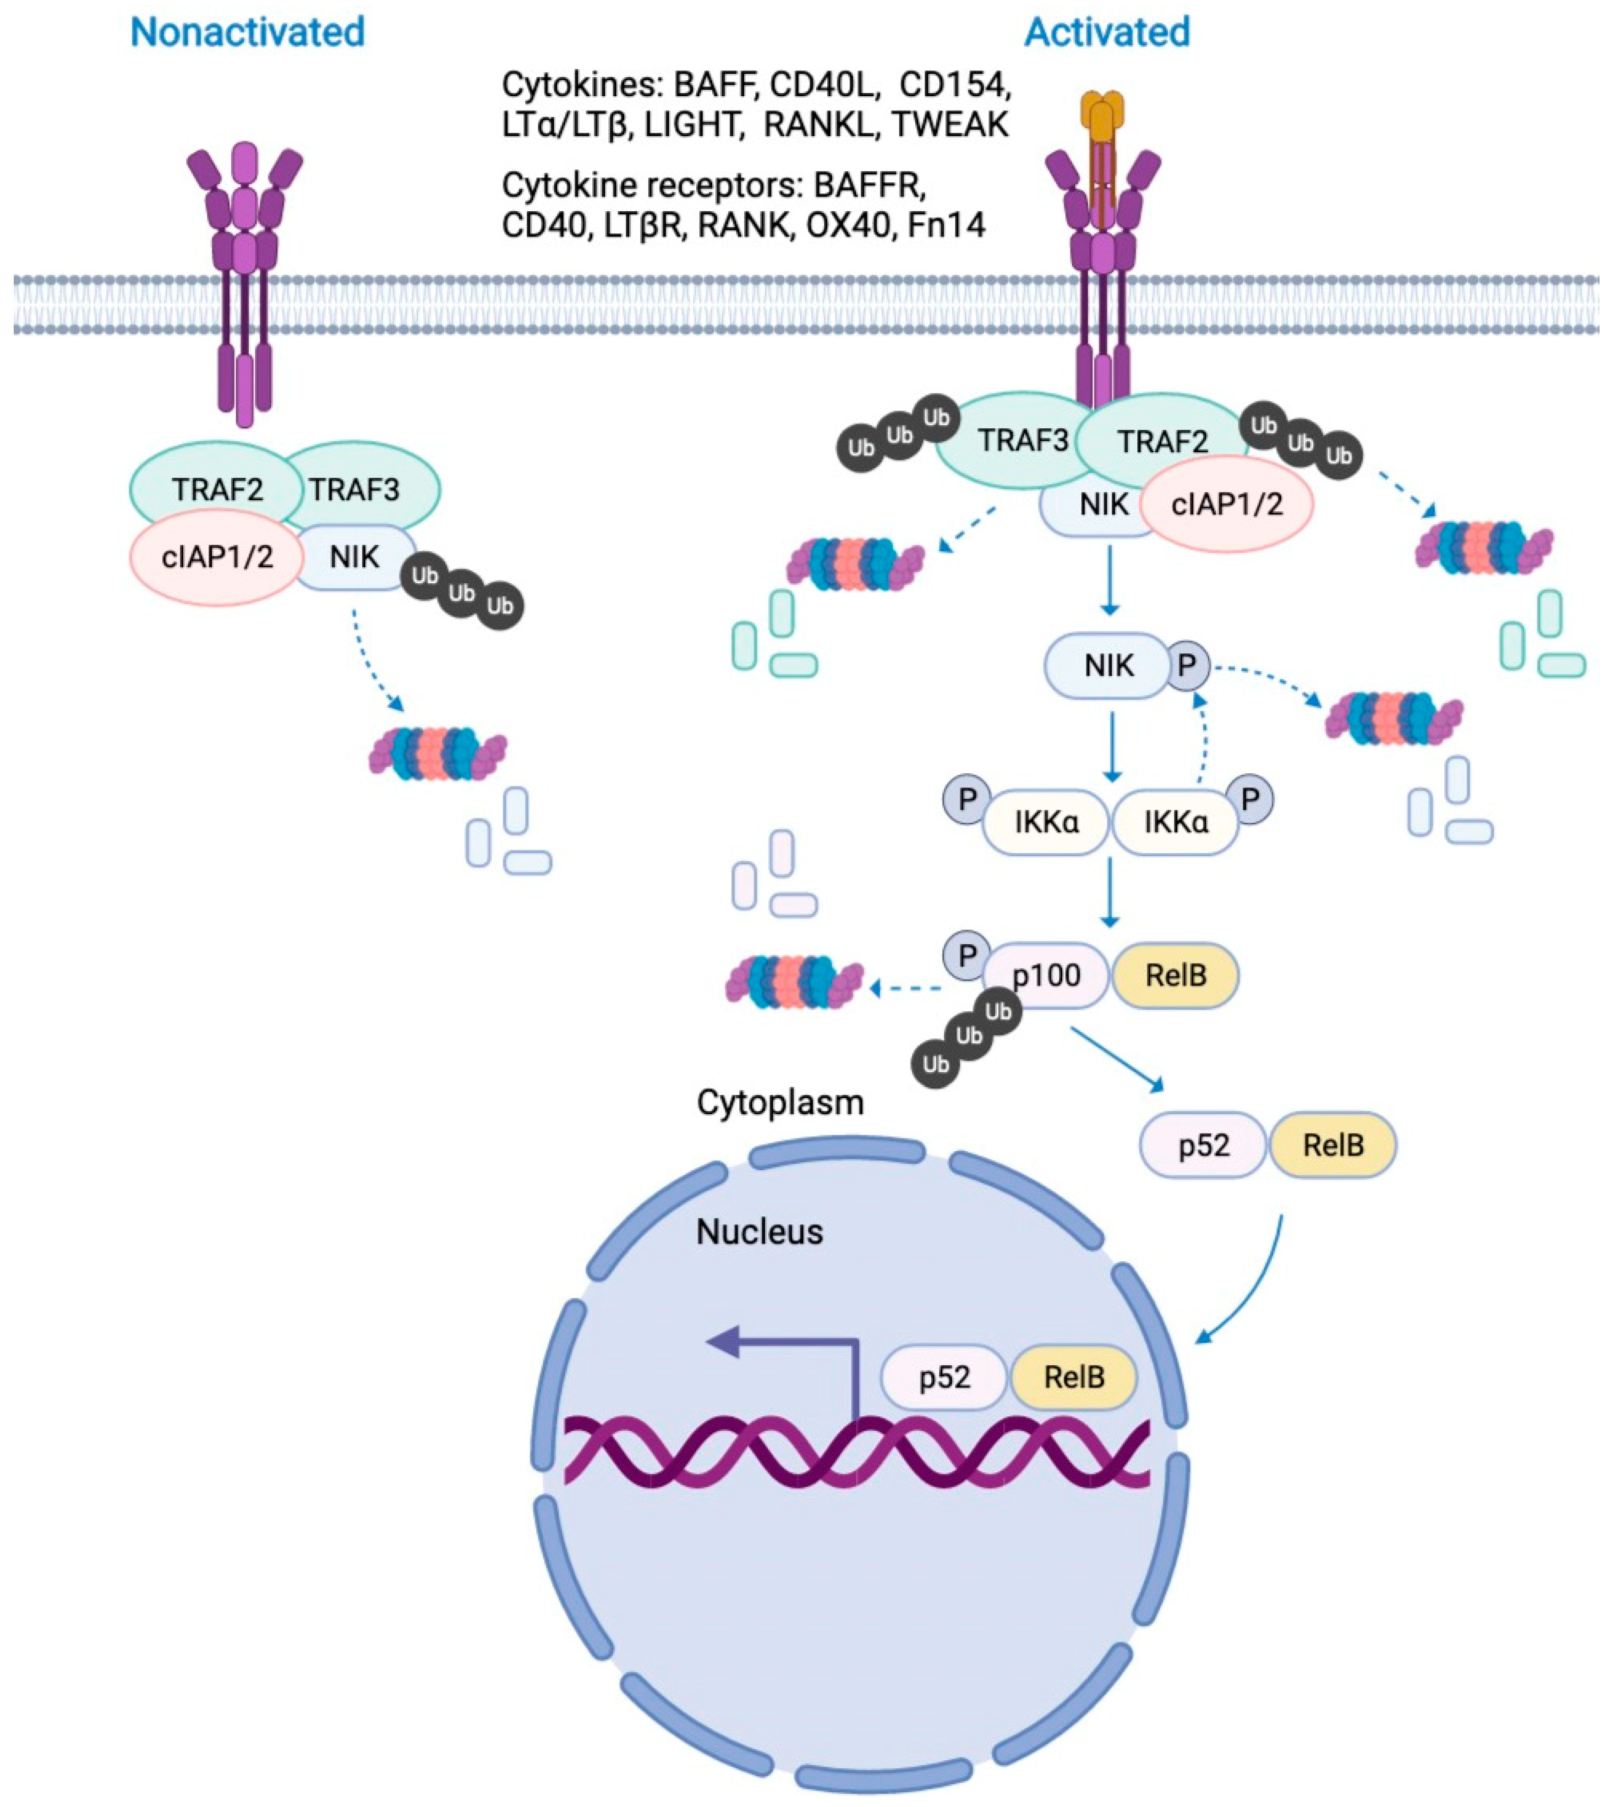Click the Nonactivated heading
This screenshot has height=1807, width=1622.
[x=248, y=33]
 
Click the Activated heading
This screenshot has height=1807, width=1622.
[x=1107, y=33]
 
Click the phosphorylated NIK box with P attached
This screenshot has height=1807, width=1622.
[x=1108, y=666]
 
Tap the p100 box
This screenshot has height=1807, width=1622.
[x=1047, y=975]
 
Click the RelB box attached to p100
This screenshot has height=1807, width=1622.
[x=1175, y=975]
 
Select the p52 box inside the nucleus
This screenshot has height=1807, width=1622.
[x=944, y=1377]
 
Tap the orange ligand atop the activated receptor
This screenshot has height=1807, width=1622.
[x=1103, y=120]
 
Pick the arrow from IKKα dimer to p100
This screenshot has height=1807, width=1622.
[x=1109, y=892]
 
